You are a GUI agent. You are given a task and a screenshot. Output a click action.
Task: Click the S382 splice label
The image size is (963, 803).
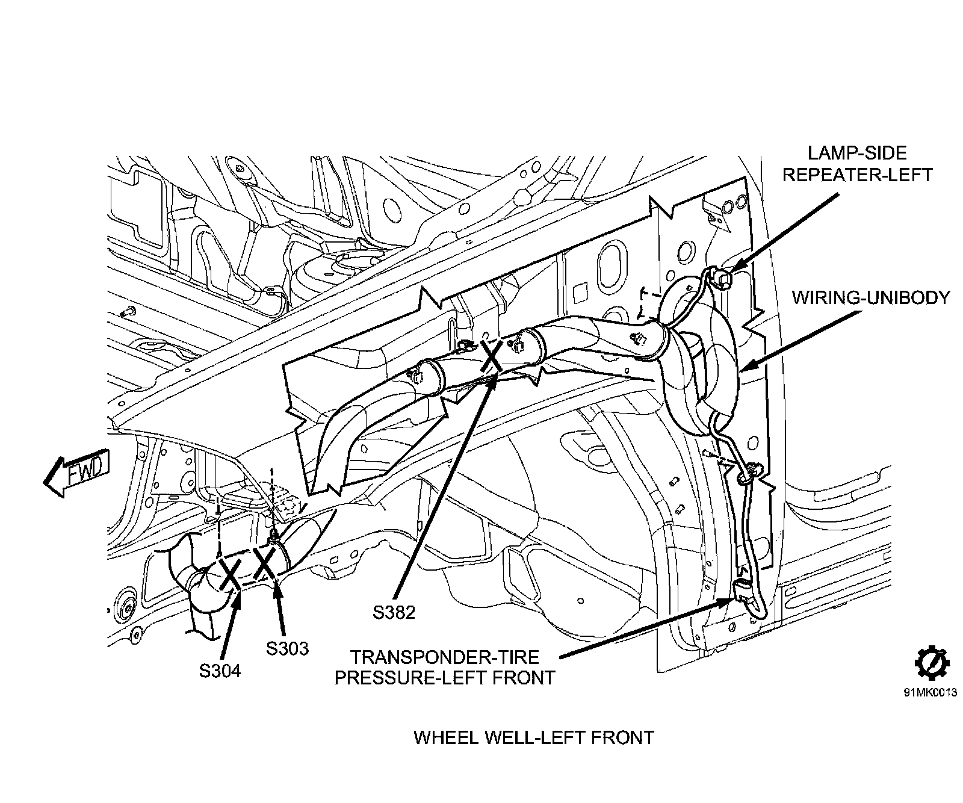point(394,612)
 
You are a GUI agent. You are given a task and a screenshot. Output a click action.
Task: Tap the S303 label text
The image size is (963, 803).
point(287,648)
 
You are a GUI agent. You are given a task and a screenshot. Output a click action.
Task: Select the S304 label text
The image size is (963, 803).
point(220,671)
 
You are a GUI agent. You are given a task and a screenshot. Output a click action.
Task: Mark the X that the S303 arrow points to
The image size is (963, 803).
point(265,562)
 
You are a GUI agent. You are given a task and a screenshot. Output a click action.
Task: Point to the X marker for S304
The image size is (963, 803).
point(231,572)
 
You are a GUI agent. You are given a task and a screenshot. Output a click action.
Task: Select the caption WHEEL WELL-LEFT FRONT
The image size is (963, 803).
point(534,737)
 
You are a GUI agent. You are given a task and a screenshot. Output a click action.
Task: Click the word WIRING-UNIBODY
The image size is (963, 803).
point(870,297)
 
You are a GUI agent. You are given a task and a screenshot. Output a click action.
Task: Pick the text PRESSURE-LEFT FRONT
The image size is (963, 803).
point(444,677)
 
